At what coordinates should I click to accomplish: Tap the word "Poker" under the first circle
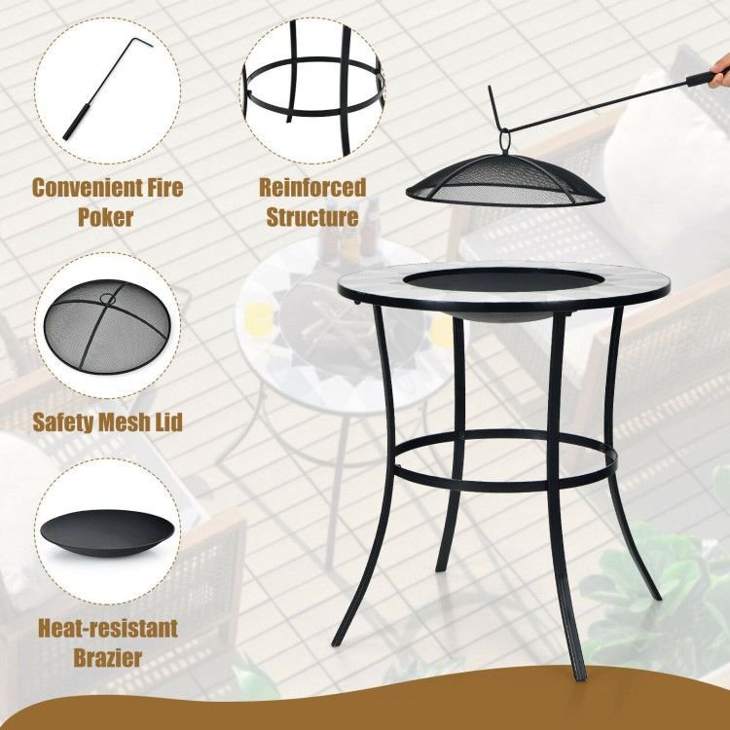pyautogui.click(x=106, y=217)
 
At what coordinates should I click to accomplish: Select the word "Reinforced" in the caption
pyautogui.click(x=312, y=188)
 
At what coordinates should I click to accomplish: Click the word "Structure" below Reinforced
pyautogui.click(x=312, y=217)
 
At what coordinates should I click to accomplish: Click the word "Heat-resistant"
pyautogui.click(x=108, y=628)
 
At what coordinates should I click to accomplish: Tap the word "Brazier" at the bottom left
pyautogui.click(x=107, y=657)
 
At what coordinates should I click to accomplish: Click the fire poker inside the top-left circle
pyautogui.click(x=107, y=89)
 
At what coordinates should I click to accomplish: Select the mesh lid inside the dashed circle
pyautogui.click(x=107, y=326)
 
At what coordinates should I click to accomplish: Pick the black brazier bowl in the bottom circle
pyautogui.click(x=107, y=533)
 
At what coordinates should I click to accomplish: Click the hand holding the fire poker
pyautogui.click(x=719, y=75)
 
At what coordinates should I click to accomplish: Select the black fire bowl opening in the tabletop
pyautogui.click(x=503, y=279)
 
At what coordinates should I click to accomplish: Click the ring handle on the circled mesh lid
pyautogui.click(x=108, y=299)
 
